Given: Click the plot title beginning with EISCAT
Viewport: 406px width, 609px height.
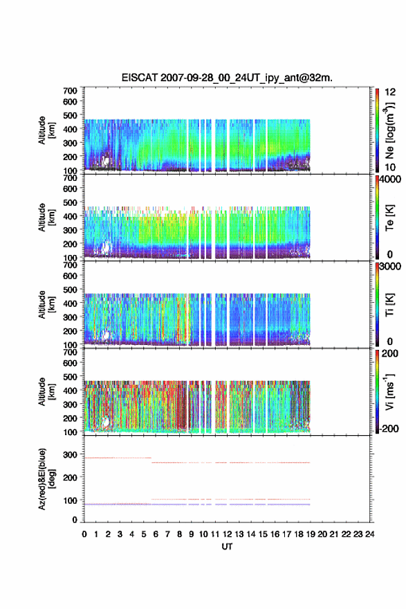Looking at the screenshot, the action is (227, 78).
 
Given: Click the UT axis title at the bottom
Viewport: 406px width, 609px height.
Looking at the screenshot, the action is (227, 547).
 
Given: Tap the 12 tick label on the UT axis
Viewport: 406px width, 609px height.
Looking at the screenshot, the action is (227, 534).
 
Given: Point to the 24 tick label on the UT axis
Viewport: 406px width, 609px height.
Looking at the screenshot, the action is (369, 534).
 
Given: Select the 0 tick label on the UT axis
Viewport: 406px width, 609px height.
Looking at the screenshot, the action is (84, 534).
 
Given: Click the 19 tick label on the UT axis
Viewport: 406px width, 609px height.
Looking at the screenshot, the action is (311, 534).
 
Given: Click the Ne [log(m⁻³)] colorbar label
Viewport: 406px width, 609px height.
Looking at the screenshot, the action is (389, 130).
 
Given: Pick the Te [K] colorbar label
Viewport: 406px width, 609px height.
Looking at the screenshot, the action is (389, 218).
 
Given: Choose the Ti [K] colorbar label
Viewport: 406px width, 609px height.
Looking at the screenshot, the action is (389, 305).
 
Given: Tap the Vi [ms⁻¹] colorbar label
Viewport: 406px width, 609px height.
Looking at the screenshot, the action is (389, 392).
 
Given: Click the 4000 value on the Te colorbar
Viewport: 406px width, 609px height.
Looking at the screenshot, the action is (390, 179).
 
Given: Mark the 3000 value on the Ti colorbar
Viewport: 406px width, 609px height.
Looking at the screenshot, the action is (390, 267).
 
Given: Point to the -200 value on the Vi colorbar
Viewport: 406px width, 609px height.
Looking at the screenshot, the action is (389, 428).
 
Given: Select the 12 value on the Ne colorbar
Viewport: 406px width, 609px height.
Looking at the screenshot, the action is (390, 92).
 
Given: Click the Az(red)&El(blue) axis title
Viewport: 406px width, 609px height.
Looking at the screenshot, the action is (46, 479).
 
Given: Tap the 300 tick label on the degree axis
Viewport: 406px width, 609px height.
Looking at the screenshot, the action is (70, 454).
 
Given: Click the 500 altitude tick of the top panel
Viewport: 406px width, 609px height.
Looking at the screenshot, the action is (70, 115).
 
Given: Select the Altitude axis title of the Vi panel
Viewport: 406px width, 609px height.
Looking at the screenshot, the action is (46, 392).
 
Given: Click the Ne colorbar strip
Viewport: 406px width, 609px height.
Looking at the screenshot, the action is (377, 130).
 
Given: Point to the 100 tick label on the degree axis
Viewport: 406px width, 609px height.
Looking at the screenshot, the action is (70, 500).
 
